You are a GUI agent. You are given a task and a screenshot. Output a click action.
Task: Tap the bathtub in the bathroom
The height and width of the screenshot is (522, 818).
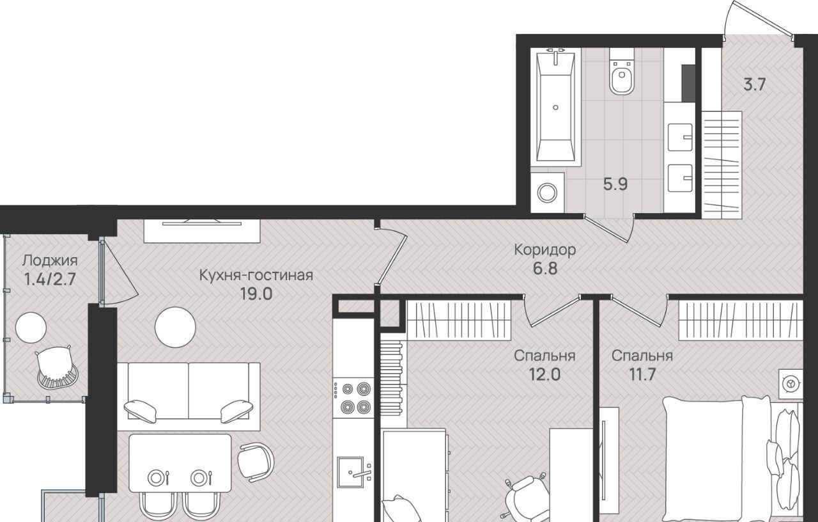(555, 107)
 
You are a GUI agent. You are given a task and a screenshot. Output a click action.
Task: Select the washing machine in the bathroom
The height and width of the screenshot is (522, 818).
(547, 193)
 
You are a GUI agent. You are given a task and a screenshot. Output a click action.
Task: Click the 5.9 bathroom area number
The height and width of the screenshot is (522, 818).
(615, 184)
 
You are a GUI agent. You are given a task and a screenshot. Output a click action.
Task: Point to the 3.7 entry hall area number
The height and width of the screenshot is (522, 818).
(755, 85)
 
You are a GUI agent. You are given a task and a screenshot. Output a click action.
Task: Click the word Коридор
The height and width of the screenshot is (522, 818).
(545, 249)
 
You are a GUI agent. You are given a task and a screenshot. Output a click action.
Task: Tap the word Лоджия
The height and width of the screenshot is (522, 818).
(50, 261)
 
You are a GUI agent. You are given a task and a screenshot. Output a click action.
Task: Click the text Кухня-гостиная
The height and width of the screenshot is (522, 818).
(256, 275)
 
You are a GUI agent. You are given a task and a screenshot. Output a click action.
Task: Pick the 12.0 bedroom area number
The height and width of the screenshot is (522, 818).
(544, 374)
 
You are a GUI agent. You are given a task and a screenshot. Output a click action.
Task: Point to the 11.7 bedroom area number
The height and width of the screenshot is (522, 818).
(642, 374)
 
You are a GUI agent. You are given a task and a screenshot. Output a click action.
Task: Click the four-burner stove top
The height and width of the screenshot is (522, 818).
(353, 397)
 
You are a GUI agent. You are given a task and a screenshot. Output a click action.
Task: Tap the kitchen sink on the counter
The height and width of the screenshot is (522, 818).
(351, 472)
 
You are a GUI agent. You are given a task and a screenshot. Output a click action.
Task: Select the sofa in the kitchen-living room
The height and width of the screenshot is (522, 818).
(189, 396)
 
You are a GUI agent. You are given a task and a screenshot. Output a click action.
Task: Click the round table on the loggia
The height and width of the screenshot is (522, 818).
(31, 328)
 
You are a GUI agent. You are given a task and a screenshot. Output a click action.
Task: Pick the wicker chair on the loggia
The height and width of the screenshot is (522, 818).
(57, 367)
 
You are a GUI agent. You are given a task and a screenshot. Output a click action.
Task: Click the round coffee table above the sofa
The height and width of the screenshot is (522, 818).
(175, 327)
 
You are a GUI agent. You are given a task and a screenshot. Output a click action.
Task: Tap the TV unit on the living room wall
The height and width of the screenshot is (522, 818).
(202, 231)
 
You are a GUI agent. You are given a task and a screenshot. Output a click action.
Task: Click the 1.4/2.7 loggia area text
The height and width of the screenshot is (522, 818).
(50, 280)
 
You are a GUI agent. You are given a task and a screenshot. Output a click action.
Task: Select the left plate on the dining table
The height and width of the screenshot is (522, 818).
(155, 477)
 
